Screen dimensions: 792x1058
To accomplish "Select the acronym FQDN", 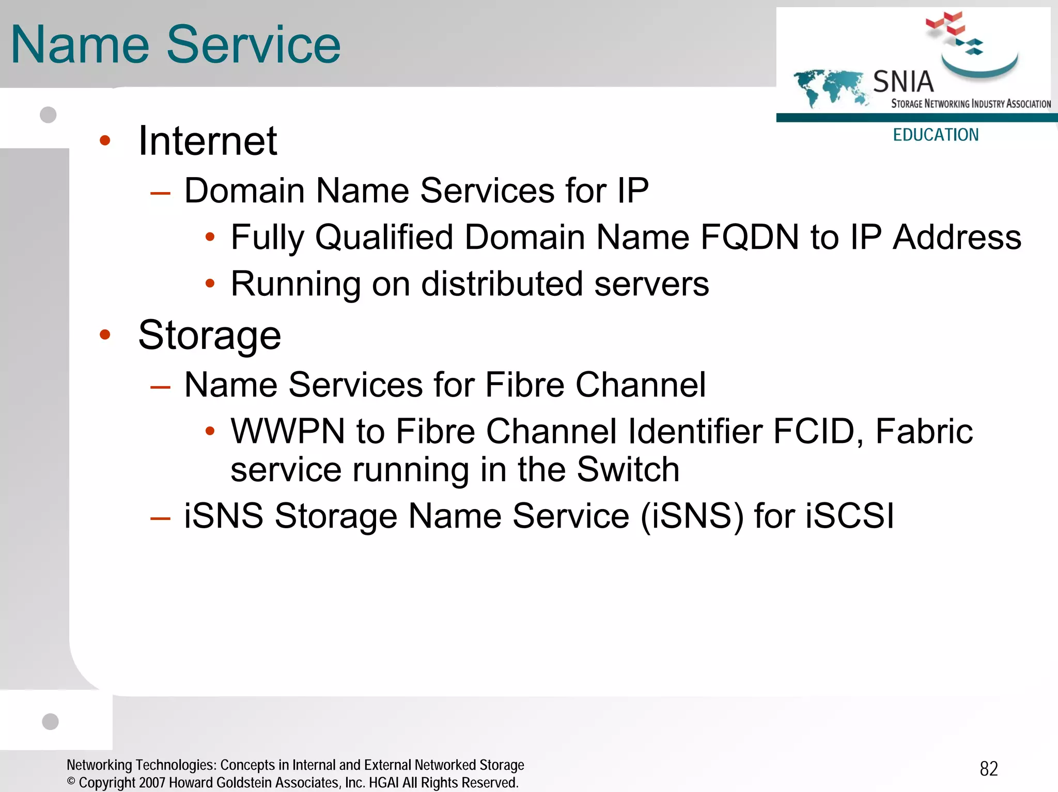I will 750,237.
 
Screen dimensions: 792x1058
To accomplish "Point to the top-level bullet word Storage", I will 210,336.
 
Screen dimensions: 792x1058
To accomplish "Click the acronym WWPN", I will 287,431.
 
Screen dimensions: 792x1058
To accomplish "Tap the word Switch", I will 628,469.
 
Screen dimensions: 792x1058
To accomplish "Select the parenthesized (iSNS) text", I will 692,516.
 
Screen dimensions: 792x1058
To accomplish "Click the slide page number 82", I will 989,769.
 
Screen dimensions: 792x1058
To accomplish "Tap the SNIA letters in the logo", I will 903,82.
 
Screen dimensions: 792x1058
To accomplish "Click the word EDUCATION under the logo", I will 936,135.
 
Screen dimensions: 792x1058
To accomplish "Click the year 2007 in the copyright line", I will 152,783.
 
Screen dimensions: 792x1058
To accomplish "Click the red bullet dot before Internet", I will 105,140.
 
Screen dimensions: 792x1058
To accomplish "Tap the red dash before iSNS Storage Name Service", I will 160,517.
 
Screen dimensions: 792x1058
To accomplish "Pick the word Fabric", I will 924,431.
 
